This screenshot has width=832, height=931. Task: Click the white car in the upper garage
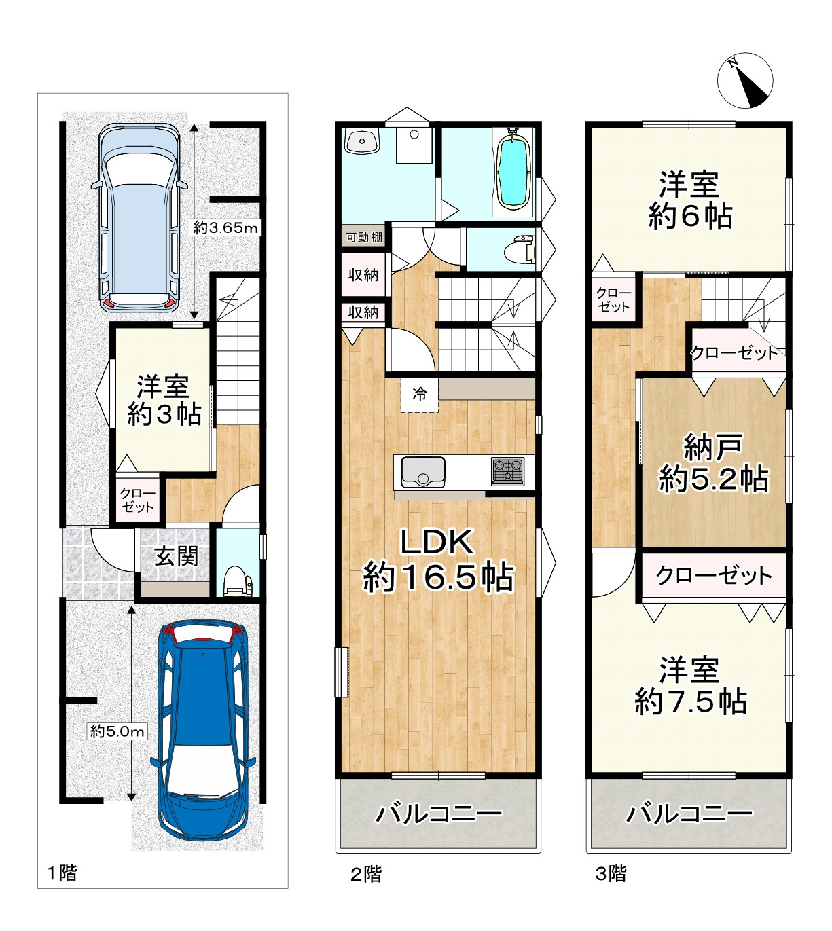[x=139, y=217]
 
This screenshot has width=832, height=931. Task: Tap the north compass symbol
[x=744, y=80]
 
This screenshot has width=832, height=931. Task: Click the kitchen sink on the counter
[x=423, y=471]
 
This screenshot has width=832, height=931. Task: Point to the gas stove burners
[x=507, y=471]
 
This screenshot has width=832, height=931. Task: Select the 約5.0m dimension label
[x=117, y=731]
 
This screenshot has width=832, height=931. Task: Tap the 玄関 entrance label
[x=176, y=556]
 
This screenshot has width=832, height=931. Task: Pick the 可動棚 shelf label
[x=364, y=237]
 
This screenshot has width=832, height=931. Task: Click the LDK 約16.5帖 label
[x=437, y=560]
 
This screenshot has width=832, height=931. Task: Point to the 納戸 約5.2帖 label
[x=713, y=462]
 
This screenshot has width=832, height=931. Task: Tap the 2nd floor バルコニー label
[x=439, y=814]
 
